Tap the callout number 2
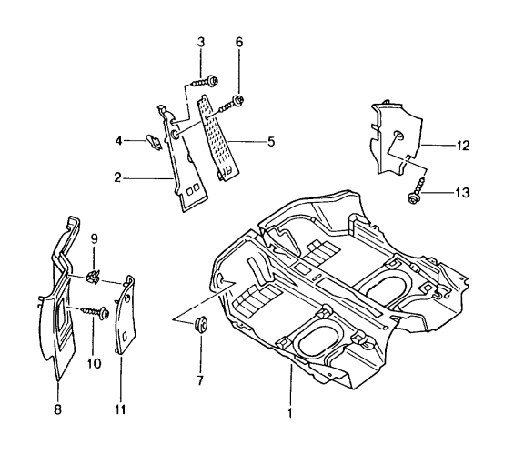click(x=116, y=179)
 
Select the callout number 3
click(x=202, y=42)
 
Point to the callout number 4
click(x=118, y=140)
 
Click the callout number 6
click(x=238, y=43)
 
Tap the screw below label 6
click(x=234, y=101)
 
